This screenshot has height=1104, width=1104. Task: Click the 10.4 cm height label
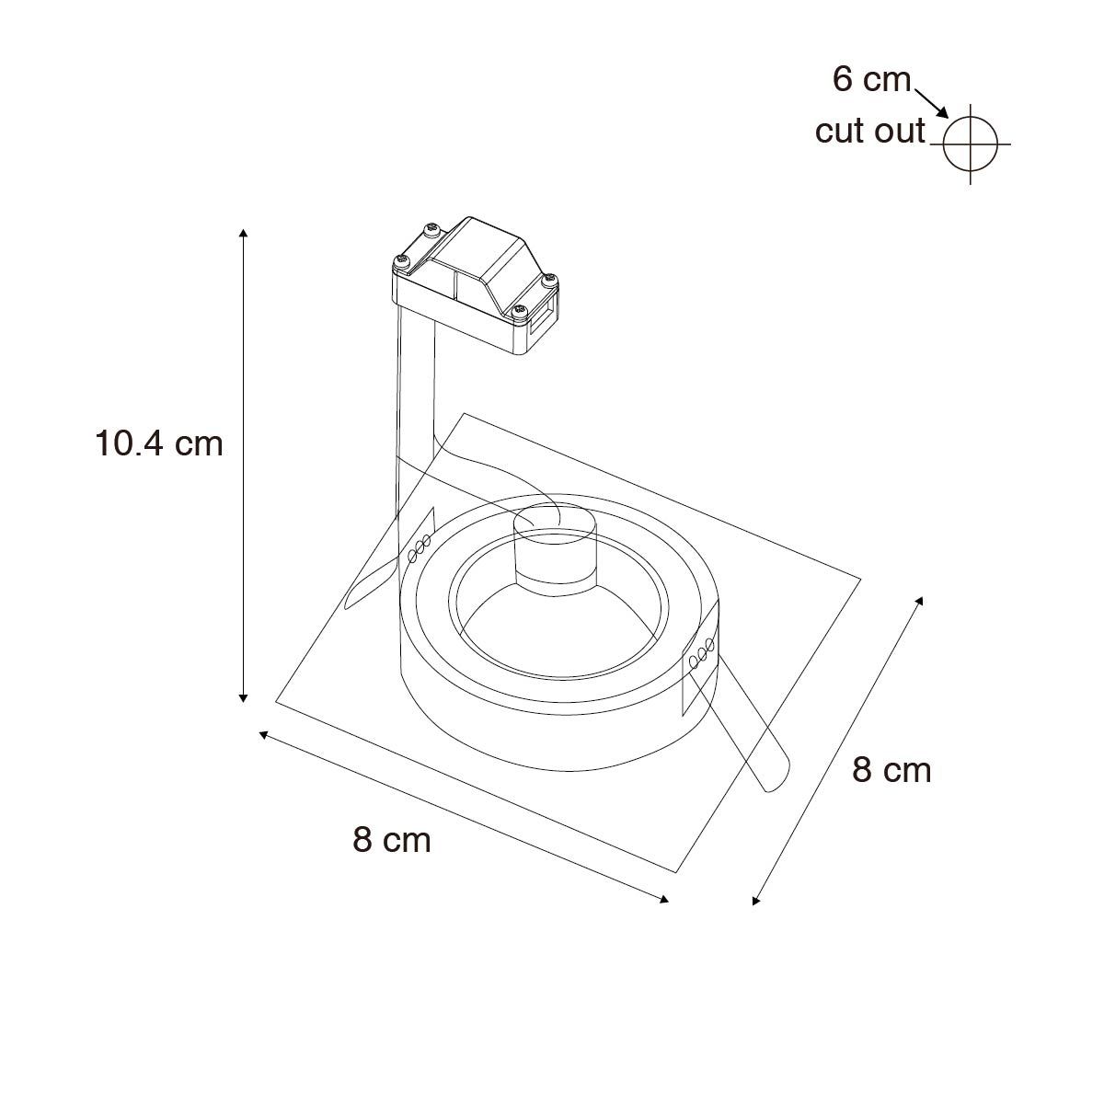tap(158, 444)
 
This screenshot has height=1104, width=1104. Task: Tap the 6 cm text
tap(871, 79)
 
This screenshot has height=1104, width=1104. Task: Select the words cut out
tap(869, 132)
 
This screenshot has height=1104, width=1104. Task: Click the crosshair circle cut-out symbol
tap(970, 144)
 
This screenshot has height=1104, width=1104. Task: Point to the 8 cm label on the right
tap(891, 771)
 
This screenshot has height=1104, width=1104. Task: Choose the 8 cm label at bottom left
tap(392, 841)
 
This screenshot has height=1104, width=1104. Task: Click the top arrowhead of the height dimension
tap(243, 233)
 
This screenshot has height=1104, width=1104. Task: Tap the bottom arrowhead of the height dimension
tap(243, 697)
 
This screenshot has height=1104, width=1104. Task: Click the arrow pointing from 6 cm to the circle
tap(931, 104)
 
